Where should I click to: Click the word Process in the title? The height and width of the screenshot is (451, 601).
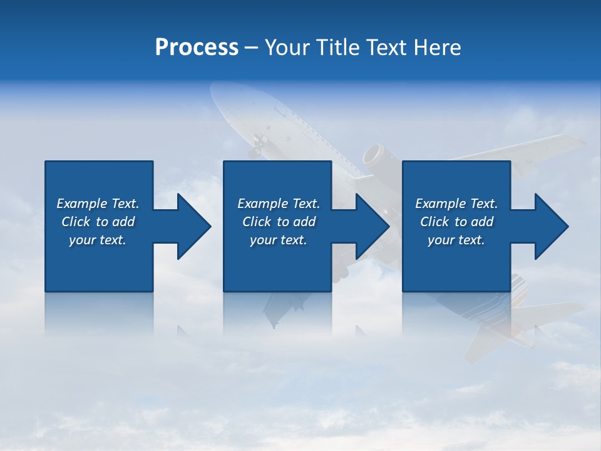point(197,48)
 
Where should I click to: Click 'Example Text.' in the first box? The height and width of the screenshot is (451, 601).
point(98,204)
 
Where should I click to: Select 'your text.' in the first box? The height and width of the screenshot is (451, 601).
point(98,240)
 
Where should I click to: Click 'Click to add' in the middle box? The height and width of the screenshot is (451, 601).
point(279,222)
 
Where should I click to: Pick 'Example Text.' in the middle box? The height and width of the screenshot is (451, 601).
point(279,204)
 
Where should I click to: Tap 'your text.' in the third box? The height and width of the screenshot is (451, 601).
point(456,240)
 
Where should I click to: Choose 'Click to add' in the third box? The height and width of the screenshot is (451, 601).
point(456,222)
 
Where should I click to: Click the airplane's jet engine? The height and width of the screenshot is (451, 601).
point(374,156)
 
